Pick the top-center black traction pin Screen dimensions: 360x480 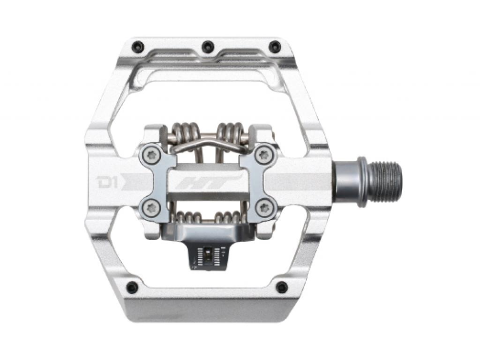[207, 46]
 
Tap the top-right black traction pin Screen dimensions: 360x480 [275, 47]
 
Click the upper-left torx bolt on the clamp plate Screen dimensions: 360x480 [152, 155]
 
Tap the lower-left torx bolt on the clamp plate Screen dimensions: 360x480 [152, 208]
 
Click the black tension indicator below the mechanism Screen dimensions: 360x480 [207, 254]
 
